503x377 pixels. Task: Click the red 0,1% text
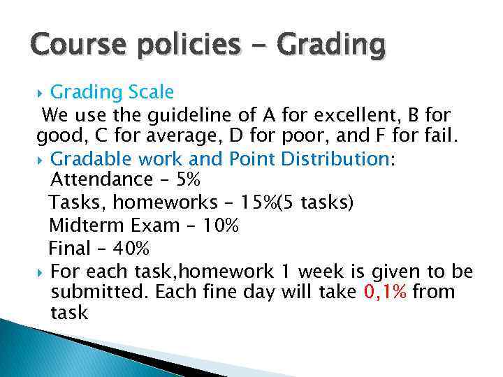(x=386, y=292)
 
